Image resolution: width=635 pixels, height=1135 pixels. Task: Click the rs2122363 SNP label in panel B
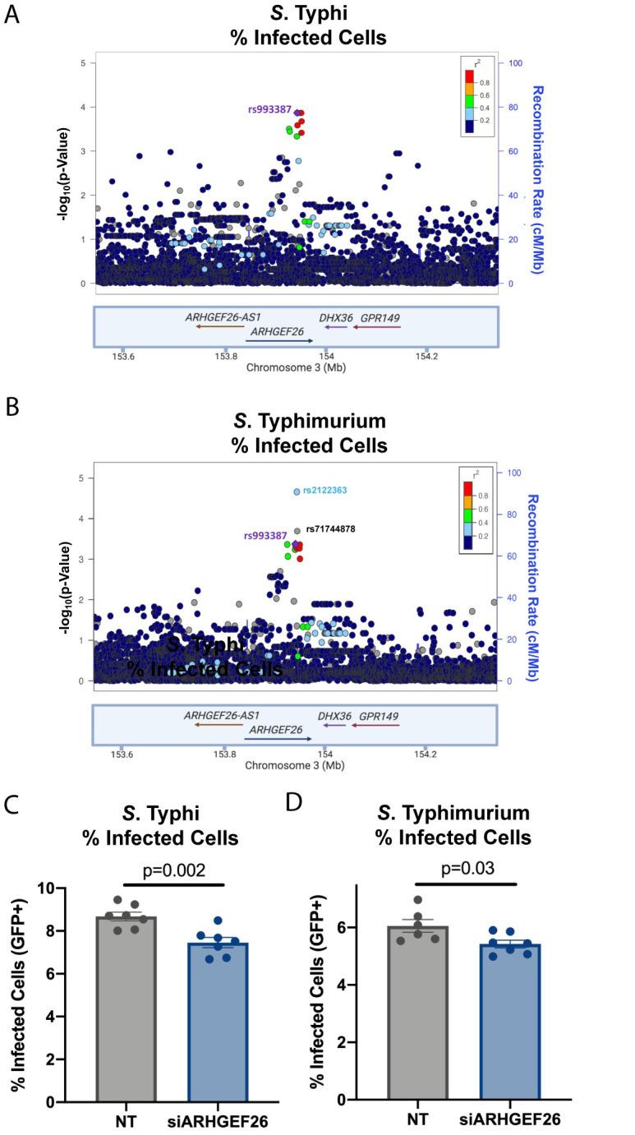324,491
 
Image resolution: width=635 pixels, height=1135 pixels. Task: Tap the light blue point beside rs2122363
297,491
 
